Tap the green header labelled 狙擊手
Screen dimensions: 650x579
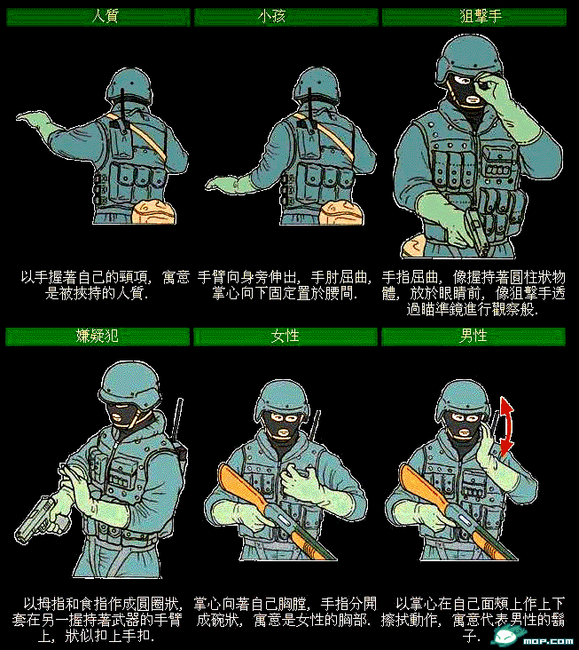tap(473, 16)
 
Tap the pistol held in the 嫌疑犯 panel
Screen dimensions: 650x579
tap(37, 519)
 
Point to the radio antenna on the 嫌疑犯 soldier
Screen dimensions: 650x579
tap(180, 417)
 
